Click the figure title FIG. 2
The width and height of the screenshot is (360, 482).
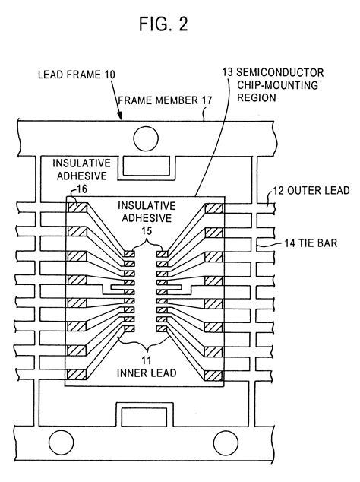click(x=179, y=24)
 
